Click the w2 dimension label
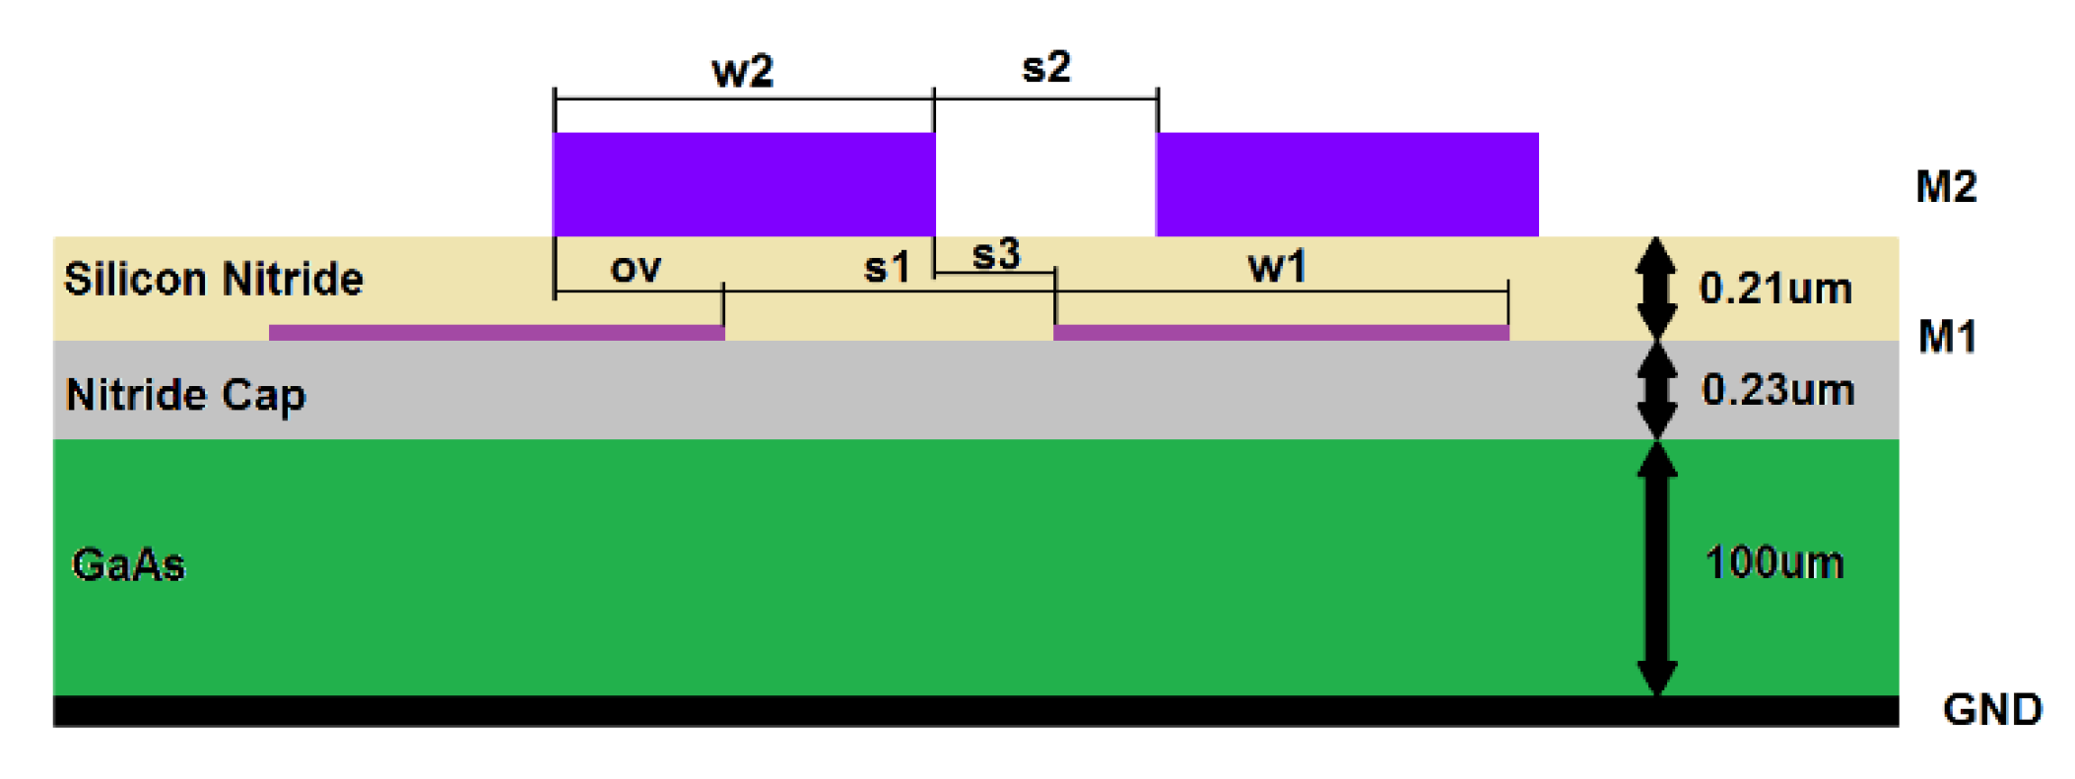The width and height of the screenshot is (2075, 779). (742, 72)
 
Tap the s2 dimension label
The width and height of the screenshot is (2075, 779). (1045, 67)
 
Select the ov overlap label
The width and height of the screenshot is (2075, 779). (636, 268)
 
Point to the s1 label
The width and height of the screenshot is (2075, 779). (886, 268)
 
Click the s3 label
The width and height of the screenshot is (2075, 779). (995, 254)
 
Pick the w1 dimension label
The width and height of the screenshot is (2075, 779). (1277, 267)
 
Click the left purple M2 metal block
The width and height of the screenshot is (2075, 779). (744, 184)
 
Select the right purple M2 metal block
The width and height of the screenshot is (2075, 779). (1347, 184)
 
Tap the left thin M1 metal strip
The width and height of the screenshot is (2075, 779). (497, 333)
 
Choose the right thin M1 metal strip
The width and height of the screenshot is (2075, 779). (1281, 333)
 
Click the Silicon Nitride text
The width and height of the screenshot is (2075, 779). (214, 280)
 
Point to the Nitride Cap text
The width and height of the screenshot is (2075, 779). (185, 395)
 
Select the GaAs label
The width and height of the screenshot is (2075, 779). (128, 565)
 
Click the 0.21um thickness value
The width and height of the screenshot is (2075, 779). (1775, 289)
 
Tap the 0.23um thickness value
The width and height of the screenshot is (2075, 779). (1777, 390)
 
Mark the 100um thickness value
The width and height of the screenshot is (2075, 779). (1774, 563)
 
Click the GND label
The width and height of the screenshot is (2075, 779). (1992, 710)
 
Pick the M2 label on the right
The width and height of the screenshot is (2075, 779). (1946, 187)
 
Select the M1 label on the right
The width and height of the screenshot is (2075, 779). (1947, 338)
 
